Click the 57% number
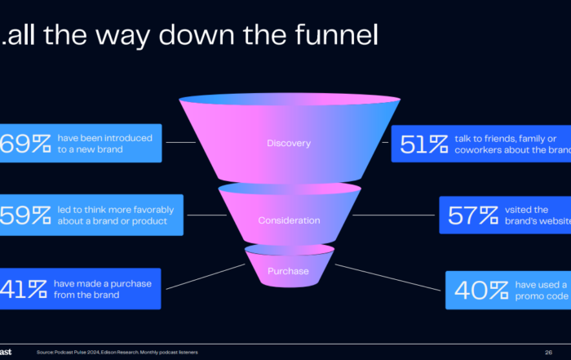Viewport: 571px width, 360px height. (473, 216)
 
